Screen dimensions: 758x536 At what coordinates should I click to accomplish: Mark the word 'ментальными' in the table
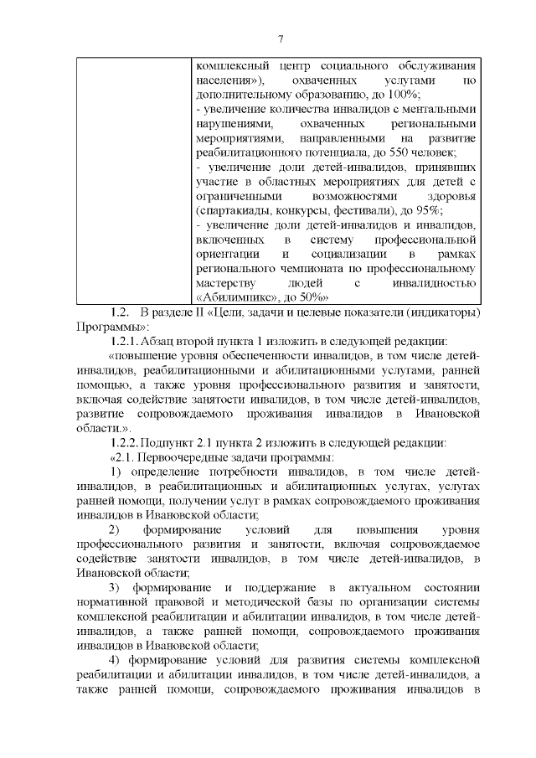pos(442,109)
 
